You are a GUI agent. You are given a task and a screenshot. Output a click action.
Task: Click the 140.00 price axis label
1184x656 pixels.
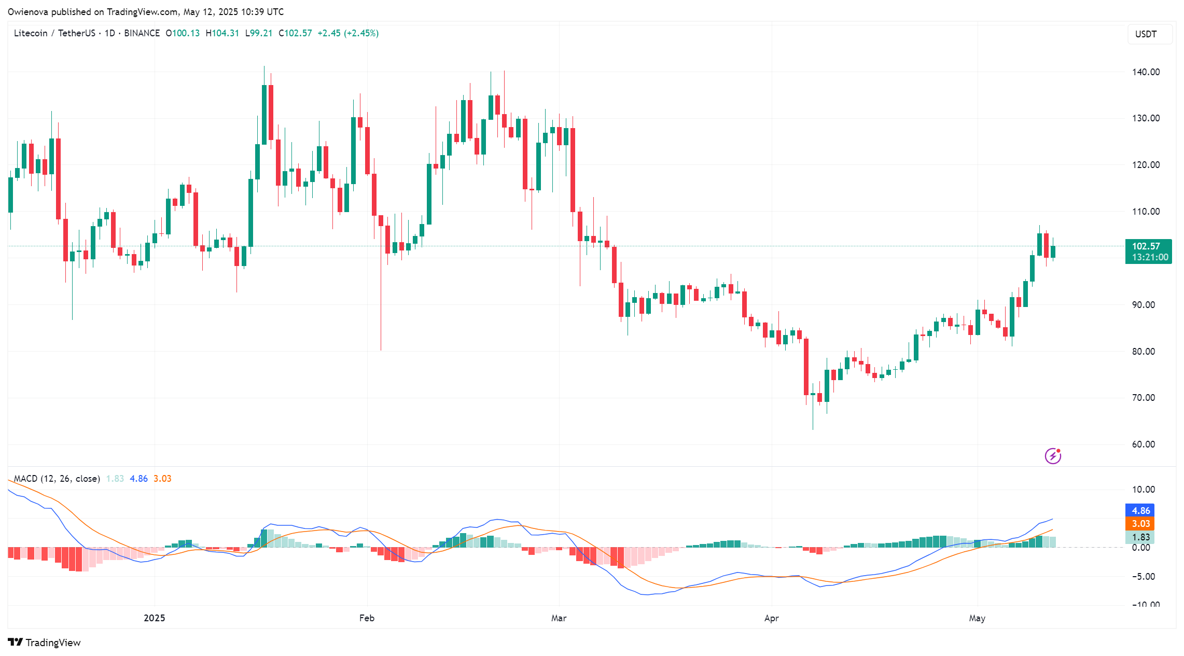(x=1146, y=72)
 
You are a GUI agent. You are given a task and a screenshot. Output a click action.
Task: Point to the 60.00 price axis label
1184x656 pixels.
(x=1143, y=444)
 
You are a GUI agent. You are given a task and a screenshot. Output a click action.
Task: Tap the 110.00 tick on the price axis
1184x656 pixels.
(x=1146, y=212)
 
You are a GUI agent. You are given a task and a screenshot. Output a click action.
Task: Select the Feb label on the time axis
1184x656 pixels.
(x=367, y=618)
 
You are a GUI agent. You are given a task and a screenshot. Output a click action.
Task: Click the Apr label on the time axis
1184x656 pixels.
(x=771, y=618)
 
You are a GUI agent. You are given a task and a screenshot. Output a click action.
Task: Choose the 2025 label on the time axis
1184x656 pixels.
(x=154, y=618)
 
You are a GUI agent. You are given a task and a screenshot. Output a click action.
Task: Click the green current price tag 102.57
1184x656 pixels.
(x=1148, y=251)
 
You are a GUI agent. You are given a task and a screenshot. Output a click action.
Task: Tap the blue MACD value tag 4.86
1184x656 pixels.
(x=1140, y=511)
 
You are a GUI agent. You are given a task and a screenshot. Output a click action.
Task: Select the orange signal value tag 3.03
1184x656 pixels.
(x=1140, y=524)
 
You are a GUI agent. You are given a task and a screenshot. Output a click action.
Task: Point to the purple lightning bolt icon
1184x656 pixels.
(x=1052, y=456)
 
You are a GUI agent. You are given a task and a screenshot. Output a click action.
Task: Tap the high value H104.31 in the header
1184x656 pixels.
(x=222, y=33)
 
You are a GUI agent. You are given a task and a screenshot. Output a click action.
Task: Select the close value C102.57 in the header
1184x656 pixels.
(x=295, y=33)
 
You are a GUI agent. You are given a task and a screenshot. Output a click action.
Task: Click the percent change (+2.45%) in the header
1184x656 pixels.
(x=361, y=33)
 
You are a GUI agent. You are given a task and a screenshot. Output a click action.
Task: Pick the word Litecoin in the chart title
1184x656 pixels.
(x=31, y=33)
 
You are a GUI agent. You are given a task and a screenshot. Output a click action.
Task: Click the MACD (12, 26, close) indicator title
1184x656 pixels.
(x=57, y=479)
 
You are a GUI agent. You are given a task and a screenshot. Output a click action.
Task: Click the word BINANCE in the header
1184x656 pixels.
(x=142, y=33)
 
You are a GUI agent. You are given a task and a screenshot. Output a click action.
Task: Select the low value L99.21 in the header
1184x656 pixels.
(x=259, y=33)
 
